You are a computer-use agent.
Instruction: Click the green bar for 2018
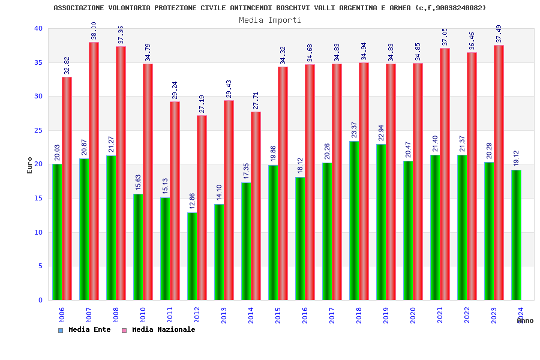354,220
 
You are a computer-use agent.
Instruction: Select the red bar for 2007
94,171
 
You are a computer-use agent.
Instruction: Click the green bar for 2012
192,256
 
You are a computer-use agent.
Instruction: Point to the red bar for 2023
499,172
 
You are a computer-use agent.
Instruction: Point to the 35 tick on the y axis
38,62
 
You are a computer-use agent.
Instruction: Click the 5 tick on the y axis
40,266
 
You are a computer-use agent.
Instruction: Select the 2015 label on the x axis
278,315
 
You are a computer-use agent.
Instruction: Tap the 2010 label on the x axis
143,315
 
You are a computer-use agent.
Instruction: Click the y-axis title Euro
30,165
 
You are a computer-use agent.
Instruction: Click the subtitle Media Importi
270,20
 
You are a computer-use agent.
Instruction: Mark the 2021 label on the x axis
440,315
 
